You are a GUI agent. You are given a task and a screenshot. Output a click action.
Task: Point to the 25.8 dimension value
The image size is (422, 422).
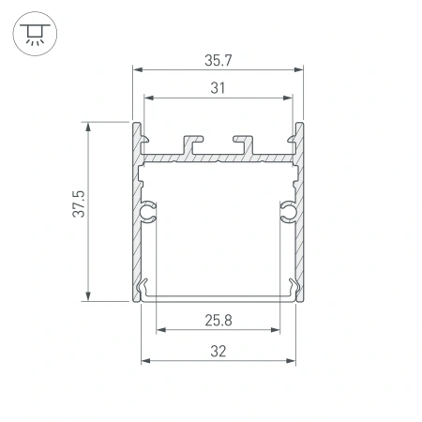219,321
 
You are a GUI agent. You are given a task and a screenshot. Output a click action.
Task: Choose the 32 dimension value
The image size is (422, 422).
219,351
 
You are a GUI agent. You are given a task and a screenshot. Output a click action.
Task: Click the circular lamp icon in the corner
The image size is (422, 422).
33,33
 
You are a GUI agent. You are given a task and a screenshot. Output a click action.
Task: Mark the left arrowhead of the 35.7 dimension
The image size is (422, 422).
137,69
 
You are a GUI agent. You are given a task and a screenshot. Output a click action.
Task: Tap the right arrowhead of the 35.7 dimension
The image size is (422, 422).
302,69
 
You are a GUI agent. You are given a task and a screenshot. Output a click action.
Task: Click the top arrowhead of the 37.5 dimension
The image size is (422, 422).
89,125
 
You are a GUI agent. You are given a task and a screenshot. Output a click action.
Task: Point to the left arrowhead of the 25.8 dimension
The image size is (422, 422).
160,330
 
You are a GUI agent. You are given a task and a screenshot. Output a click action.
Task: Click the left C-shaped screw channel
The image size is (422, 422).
147,214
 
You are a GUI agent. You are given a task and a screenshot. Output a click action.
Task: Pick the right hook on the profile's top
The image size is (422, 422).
246,142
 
